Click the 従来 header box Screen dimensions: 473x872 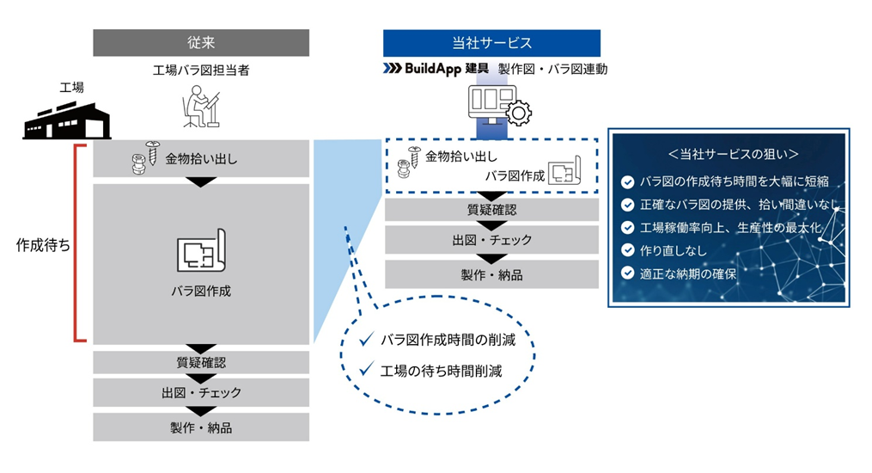[201, 42]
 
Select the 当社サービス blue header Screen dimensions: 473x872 [491, 42]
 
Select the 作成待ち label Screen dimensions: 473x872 [43, 244]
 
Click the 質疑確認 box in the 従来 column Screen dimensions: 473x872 [201, 363]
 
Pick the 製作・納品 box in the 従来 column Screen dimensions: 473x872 [201, 427]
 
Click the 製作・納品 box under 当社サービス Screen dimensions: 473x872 [491, 275]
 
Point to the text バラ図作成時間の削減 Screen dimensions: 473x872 [448, 340]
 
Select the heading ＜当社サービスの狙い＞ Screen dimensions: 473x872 [729, 153]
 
